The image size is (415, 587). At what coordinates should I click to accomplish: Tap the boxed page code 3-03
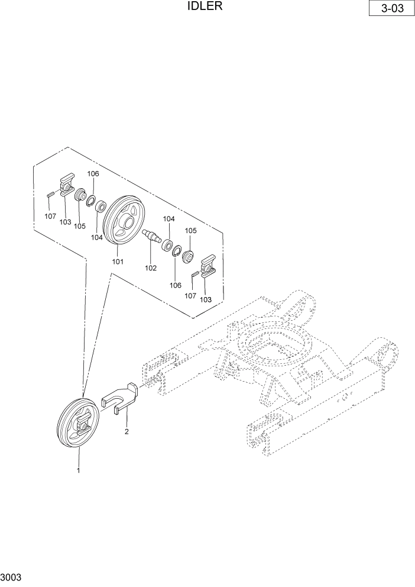click(390, 10)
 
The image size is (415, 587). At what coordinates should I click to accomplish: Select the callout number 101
click(118, 262)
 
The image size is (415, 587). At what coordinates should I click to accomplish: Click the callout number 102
click(151, 268)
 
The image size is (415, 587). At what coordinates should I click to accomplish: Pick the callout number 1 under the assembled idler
click(77, 470)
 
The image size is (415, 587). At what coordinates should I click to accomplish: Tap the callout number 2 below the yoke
click(126, 431)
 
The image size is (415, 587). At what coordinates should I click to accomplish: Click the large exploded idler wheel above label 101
click(125, 221)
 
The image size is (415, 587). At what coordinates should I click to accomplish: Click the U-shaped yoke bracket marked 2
click(121, 398)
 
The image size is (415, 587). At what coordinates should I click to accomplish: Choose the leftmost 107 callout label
click(50, 217)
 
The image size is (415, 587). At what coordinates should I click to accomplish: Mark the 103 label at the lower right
click(206, 299)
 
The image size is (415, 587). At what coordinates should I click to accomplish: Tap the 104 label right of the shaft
click(168, 219)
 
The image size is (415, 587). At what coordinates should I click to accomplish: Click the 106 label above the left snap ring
click(93, 174)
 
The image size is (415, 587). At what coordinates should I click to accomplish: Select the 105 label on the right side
click(191, 231)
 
